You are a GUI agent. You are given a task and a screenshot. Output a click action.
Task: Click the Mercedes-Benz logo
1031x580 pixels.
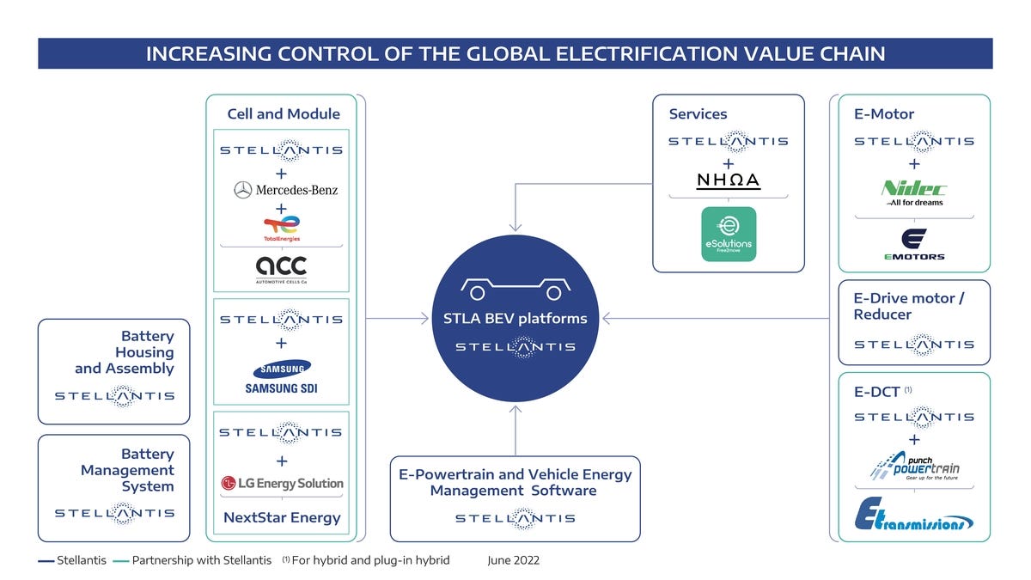pos(286,190)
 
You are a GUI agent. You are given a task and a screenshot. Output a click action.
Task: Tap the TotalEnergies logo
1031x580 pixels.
pos(282,229)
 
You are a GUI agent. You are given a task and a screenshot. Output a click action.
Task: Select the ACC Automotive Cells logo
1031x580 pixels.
pos(281,270)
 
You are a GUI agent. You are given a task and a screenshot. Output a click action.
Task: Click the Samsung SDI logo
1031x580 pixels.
pos(282,376)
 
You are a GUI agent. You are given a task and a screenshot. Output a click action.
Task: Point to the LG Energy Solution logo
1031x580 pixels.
pos(282,483)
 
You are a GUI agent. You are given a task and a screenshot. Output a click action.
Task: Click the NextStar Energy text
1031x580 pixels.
pos(282,517)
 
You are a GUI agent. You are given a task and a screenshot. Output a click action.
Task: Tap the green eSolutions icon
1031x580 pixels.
pos(729,234)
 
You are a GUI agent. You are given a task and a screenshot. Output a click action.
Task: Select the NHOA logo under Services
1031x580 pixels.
pos(729,180)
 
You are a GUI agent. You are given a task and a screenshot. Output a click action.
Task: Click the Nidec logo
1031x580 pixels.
pos(914,192)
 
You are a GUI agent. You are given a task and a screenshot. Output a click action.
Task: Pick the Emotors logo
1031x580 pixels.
pos(914,244)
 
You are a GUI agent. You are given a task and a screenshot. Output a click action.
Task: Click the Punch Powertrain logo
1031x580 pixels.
pos(914,467)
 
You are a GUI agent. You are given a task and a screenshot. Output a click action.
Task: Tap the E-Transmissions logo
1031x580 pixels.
pos(914,514)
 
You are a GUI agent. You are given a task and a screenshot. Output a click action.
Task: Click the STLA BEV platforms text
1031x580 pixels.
pos(515,319)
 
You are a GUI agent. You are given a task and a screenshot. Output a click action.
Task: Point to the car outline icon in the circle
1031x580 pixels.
pos(515,289)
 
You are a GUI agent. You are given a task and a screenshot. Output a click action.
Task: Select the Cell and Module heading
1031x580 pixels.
pos(284,113)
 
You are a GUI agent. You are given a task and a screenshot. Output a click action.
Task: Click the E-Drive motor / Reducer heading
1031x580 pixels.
pos(909,306)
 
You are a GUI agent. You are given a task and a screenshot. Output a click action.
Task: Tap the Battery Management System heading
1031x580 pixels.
pos(127,470)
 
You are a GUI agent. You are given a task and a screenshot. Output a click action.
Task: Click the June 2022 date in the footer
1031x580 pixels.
pos(513,560)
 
